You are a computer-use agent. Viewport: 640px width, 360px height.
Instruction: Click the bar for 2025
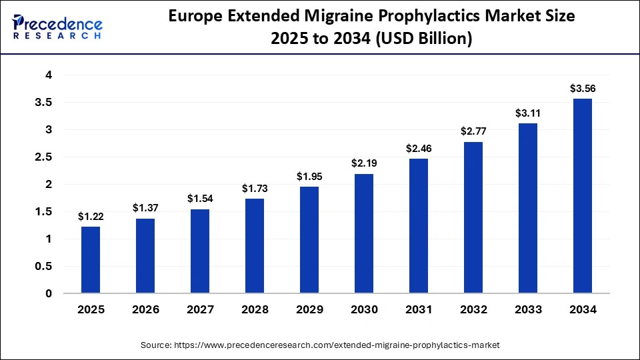coord(91,260)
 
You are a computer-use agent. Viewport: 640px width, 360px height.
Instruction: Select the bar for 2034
coord(583,196)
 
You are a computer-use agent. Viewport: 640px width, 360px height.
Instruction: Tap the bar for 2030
coord(364,233)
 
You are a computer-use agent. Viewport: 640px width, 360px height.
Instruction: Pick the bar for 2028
coord(255,246)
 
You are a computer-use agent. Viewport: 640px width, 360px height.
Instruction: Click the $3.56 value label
coord(583,88)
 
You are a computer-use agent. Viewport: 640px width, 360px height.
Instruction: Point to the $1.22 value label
coord(91,216)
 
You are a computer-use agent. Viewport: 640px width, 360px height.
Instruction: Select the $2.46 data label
coord(419,148)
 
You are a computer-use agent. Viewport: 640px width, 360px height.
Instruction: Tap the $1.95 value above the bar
coord(309,176)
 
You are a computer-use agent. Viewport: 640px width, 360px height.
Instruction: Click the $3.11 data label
coord(528,113)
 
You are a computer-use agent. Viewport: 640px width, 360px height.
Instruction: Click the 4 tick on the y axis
coord(49,75)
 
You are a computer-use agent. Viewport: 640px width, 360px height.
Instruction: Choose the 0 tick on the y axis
coord(49,293)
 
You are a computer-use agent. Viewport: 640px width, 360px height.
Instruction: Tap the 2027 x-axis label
coord(200,310)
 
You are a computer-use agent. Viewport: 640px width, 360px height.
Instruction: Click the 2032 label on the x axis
coord(473,310)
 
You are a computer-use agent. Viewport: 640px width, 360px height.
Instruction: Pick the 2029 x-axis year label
coord(309,310)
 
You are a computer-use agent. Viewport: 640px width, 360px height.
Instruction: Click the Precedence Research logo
coord(57,27)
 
